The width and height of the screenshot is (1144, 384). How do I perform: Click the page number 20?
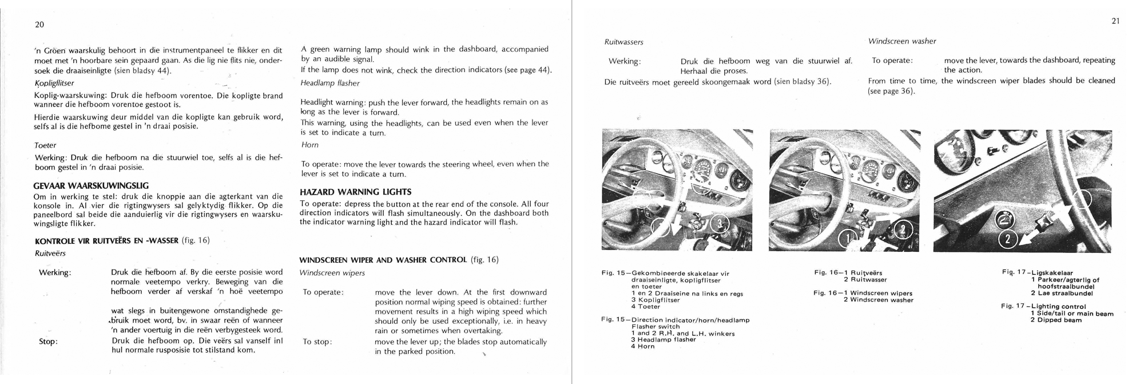coord(39,25)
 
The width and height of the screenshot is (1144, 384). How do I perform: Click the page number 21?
coord(1115,21)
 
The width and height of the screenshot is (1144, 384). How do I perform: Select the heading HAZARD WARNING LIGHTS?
coord(355,192)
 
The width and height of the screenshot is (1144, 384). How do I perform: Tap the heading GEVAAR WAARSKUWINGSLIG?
coord(92,186)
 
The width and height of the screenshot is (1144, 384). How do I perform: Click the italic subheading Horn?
coord(309,145)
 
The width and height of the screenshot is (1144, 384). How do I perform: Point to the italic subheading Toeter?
coord(45,145)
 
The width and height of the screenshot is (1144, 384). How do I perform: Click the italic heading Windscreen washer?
coord(902,41)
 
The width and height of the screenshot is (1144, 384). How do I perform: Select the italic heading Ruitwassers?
coord(623,42)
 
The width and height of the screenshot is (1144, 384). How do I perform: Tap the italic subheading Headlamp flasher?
coord(329,84)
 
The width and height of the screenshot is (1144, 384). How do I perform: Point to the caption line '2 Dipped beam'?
coord(1056,320)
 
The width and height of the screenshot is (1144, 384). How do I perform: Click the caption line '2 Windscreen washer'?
coord(878,300)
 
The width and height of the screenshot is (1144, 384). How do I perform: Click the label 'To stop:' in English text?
coord(317,342)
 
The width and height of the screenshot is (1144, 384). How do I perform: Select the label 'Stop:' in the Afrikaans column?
coord(48,342)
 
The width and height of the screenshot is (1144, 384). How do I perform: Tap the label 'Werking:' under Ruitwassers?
coord(625,61)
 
